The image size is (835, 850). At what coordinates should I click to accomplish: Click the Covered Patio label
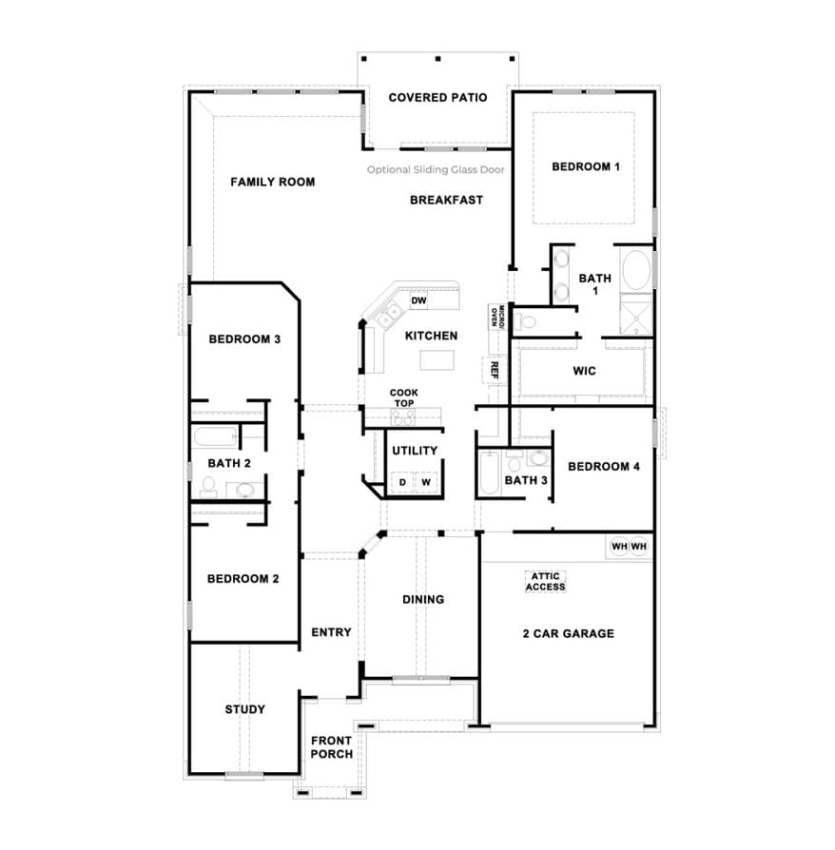click(437, 98)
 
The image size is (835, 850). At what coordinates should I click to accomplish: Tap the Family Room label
click(272, 182)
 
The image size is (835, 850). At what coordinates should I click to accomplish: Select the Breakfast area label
click(446, 200)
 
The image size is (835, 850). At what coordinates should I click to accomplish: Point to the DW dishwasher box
click(418, 300)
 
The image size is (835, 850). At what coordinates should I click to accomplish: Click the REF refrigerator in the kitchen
click(494, 370)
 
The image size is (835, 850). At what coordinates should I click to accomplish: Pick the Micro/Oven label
click(497, 316)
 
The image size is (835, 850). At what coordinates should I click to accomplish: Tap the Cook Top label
click(404, 397)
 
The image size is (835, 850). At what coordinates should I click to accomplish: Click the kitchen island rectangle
click(437, 360)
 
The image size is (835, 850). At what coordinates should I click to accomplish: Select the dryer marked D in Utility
click(402, 482)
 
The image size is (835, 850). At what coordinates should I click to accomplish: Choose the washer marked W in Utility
click(426, 482)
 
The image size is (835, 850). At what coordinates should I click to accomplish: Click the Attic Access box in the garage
click(546, 582)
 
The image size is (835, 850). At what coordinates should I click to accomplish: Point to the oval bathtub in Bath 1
click(636, 270)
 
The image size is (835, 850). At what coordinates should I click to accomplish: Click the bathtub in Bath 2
click(215, 436)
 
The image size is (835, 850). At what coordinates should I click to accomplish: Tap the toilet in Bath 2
click(208, 487)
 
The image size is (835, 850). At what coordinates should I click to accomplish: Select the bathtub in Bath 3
click(489, 473)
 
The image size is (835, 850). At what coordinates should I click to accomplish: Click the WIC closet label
click(584, 371)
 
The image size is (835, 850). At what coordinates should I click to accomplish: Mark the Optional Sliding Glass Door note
click(436, 169)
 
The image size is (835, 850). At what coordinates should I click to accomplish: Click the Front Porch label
click(331, 747)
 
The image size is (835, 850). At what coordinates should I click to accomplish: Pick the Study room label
click(245, 709)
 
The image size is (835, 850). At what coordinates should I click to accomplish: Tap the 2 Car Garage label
click(568, 633)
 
